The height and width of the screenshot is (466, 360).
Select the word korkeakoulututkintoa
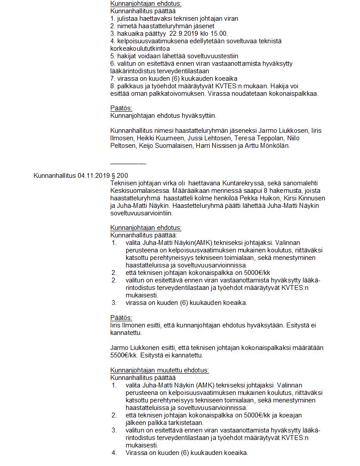coord(140,48)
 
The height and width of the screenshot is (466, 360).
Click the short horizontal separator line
coord(128,163)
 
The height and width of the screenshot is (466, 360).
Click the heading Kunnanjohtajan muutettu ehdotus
coord(159,370)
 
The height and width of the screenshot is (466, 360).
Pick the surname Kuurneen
coord(158,138)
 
